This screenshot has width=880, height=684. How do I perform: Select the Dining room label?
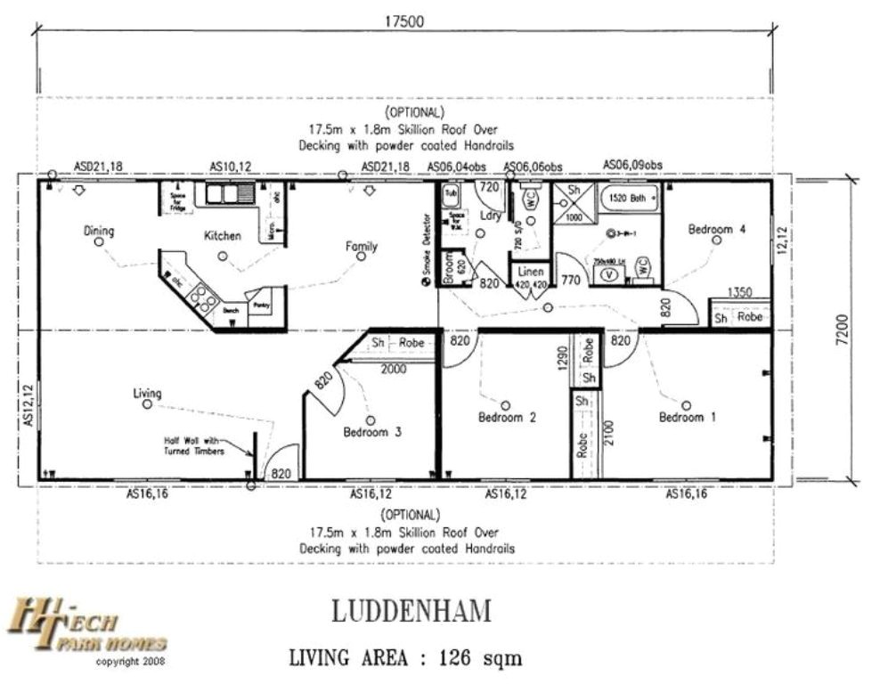[99, 232]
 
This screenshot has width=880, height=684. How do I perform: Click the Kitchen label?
[222, 236]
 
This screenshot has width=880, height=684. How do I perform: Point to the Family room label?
[362, 247]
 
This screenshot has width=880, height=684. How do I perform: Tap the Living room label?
[147, 393]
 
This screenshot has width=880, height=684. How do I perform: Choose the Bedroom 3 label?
[372, 432]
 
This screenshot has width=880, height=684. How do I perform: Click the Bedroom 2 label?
[507, 417]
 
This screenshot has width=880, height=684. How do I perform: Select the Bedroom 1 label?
[687, 417]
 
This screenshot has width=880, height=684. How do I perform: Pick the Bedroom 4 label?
[716, 230]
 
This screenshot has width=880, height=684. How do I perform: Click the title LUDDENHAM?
[411, 612]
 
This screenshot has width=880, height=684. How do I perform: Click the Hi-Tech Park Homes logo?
[86, 627]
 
